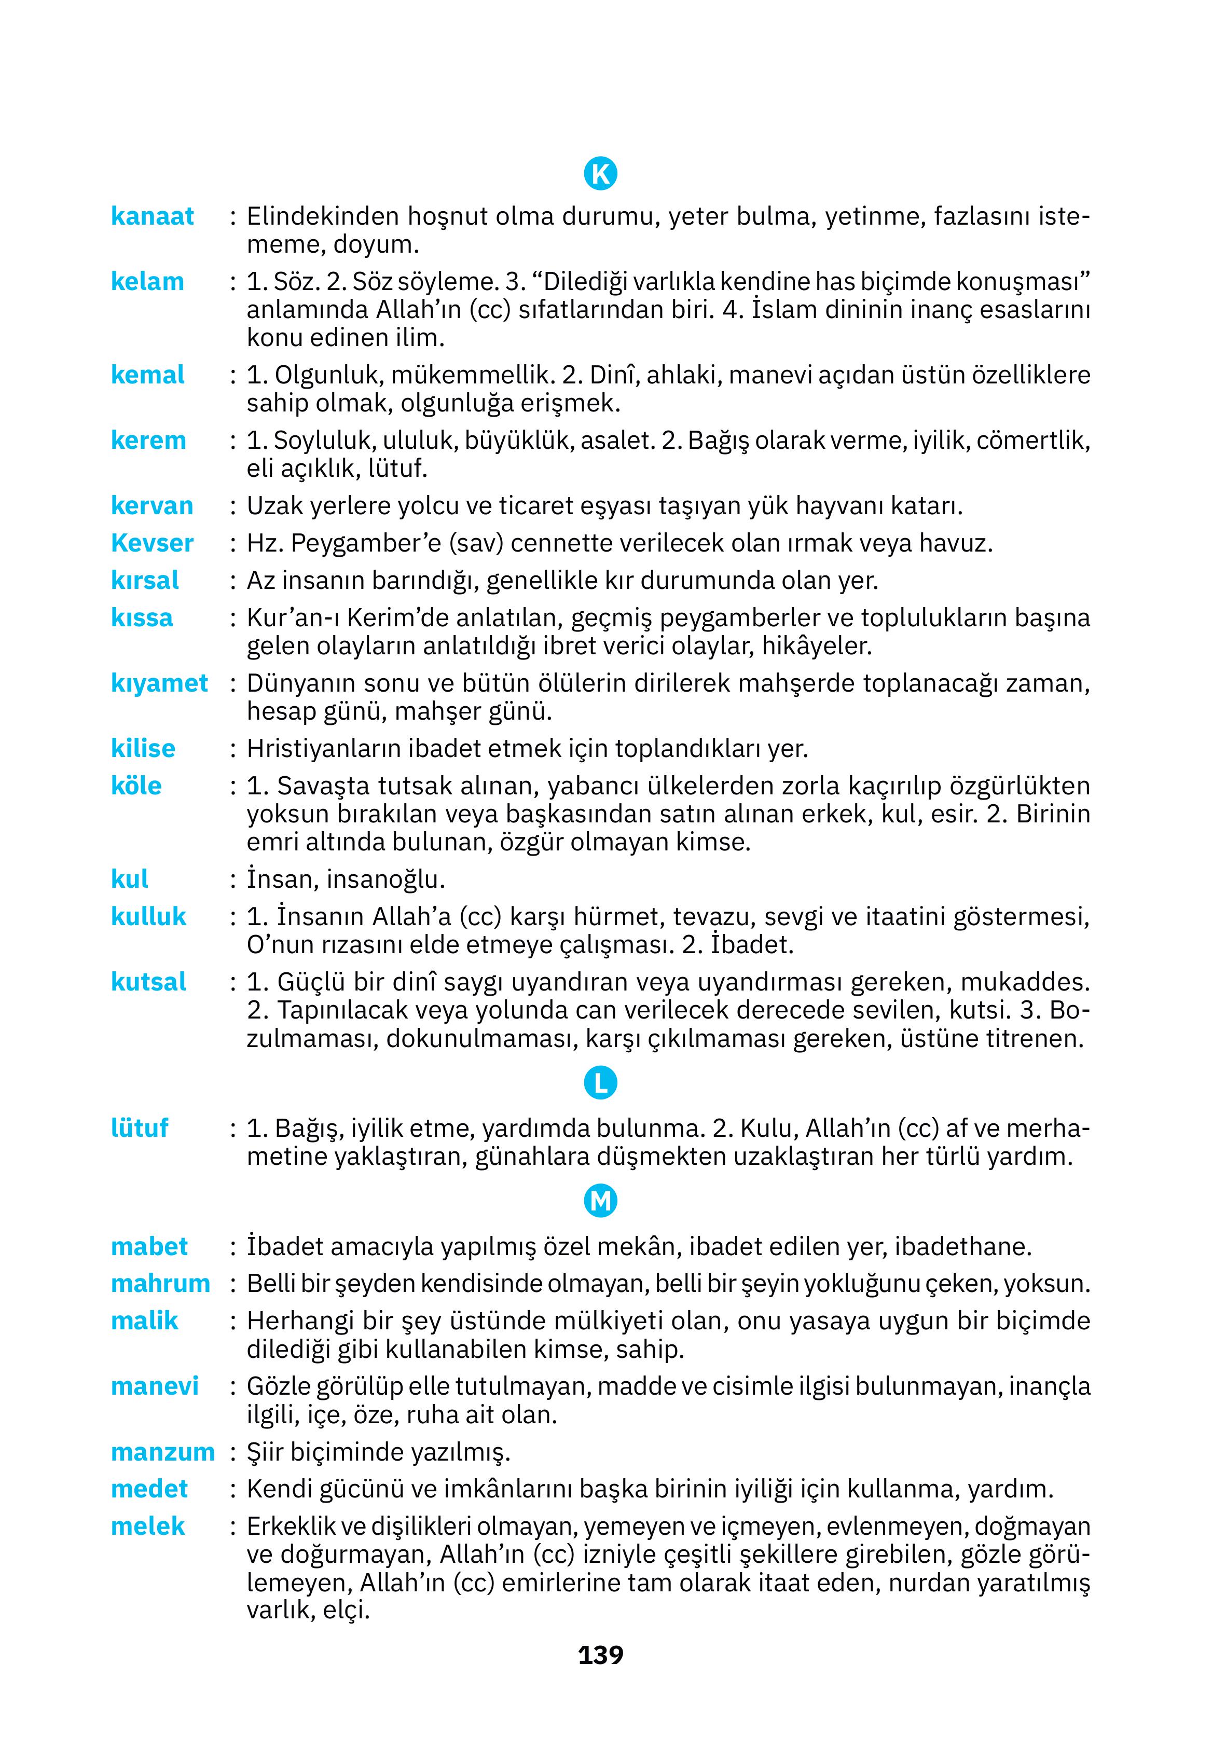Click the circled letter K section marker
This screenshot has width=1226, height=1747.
[x=600, y=174]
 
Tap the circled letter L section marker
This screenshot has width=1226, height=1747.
[x=600, y=1083]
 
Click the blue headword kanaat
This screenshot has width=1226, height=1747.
[x=152, y=216]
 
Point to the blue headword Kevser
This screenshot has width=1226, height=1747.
[x=152, y=543]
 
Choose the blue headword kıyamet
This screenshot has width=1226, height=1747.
[x=159, y=683]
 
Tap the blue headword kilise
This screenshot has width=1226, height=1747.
[x=143, y=749]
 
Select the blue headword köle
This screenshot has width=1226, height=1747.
[x=136, y=786]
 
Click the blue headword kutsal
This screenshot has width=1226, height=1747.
[x=148, y=982]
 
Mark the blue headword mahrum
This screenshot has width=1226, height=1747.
[x=160, y=1284]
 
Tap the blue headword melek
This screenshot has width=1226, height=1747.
[x=148, y=1526]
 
